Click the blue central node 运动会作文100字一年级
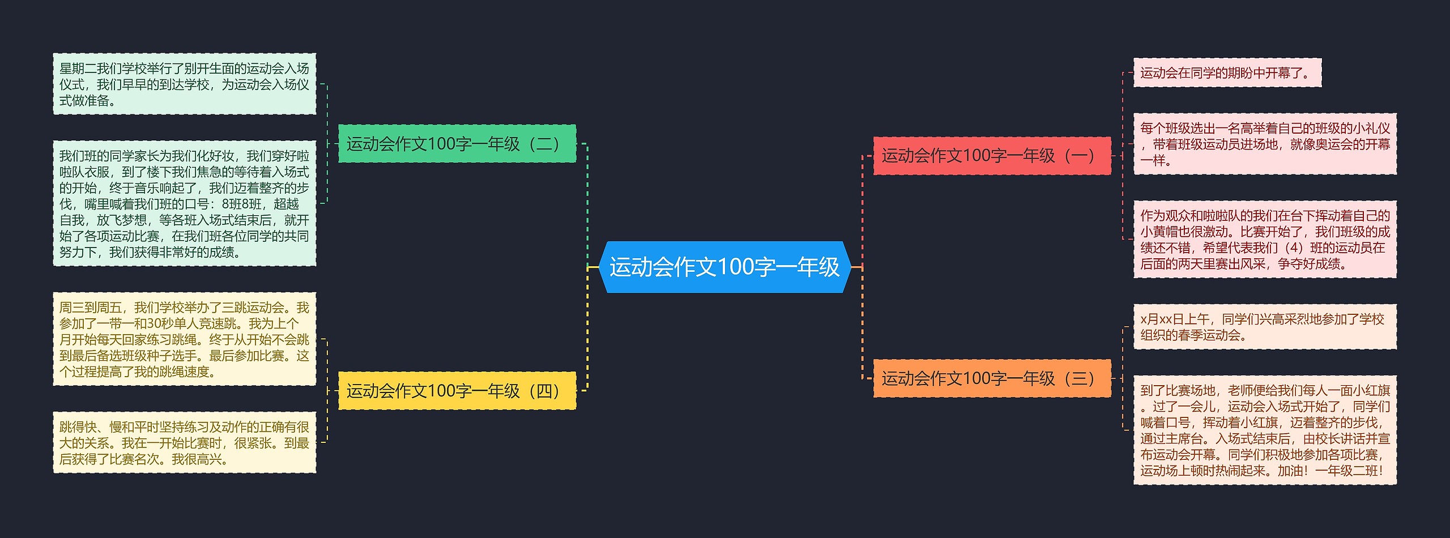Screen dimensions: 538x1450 724,267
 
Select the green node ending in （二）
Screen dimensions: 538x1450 457,144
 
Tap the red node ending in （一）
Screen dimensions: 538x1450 991,156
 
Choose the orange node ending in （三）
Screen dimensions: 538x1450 991,378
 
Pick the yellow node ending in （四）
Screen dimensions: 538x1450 457,391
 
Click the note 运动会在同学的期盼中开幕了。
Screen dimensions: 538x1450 1227,73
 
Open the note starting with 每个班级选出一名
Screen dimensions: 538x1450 1264,144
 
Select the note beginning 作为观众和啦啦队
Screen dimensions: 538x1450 1264,240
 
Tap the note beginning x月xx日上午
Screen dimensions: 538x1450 1264,327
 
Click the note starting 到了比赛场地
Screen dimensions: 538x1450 1264,430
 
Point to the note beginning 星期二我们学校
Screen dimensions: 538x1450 184,84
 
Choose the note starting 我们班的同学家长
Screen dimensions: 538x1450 184,203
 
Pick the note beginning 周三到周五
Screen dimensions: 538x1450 184,339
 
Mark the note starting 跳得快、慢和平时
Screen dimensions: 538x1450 184,443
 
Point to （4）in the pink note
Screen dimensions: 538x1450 1293,248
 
